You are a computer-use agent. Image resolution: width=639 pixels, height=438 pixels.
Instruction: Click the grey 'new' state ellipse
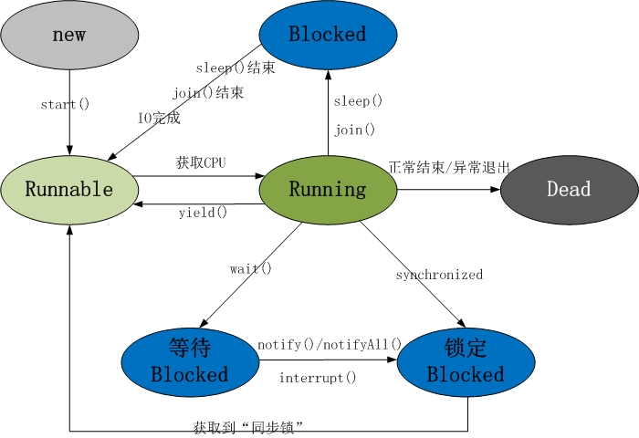[69, 35]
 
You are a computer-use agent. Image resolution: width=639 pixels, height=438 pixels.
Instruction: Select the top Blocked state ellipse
[328, 35]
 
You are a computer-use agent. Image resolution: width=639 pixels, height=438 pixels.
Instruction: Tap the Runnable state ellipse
[69, 190]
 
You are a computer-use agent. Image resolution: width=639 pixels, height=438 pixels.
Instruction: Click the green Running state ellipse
[328, 190]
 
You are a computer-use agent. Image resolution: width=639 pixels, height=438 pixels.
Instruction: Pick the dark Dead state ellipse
[569, 190]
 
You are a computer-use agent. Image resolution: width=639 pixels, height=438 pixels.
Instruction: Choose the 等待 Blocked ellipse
[190, 361]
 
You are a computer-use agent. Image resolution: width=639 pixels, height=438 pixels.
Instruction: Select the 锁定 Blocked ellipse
[466, 361]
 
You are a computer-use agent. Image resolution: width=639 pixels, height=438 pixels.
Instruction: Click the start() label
[65, 104]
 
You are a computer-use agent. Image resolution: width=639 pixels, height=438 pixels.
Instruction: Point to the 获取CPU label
[201, 163]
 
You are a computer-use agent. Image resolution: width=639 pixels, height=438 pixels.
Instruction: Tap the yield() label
[203, 213]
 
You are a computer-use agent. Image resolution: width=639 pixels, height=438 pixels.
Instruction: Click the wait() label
[251, 268]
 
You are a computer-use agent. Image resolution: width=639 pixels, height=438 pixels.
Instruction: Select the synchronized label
[439, 275]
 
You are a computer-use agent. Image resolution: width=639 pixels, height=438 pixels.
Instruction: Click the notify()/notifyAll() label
[330, 345]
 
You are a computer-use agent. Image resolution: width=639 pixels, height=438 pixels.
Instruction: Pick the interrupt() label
[318, 378]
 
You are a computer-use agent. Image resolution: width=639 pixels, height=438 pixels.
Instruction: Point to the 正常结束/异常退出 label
[449, 168]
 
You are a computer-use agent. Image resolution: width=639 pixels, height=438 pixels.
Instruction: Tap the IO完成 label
[159, 118]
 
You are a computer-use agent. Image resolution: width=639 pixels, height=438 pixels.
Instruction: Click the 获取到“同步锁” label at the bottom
[248, 426]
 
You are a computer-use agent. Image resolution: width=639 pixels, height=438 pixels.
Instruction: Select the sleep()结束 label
[236, 68]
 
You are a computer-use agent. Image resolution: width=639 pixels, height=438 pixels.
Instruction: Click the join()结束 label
[208, 93]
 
